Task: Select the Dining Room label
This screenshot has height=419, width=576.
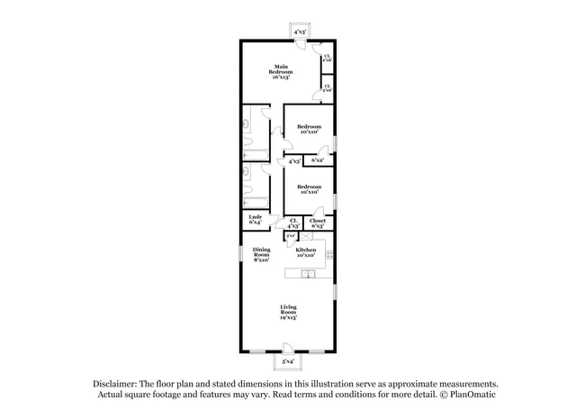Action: click(262, 253)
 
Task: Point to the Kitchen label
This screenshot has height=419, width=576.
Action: click(307, 251)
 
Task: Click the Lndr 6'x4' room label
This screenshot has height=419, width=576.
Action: click(256, 219)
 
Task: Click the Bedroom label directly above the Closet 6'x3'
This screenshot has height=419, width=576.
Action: click(310, 186)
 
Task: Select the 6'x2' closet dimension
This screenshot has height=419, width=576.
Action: click(318, 160)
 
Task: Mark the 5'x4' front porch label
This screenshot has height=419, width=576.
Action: click(288, 360)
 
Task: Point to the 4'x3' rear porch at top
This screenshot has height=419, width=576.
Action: click(300, 32)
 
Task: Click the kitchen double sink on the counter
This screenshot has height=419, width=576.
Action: click(306, 273)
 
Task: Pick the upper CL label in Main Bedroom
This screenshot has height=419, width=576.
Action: click(328, 58)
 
